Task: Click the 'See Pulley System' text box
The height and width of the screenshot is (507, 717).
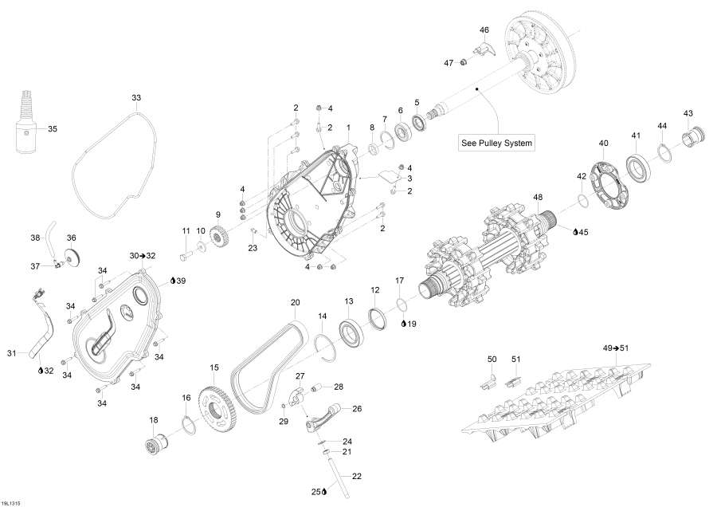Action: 496,143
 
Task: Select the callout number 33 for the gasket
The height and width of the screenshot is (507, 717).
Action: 136,97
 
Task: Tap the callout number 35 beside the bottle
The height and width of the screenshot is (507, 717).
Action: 53,128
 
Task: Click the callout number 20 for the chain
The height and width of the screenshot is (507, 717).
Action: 295,302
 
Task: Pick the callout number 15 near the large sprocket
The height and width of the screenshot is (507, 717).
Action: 214,367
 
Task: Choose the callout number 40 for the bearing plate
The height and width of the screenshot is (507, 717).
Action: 603,143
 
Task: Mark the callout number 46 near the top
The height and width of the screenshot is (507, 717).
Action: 484,29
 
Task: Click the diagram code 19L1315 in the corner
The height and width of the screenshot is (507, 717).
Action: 12,502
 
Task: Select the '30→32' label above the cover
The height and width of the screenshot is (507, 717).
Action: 143,255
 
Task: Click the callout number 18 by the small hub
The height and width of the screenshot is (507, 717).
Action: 154,419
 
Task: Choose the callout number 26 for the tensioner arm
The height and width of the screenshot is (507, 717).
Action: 357,409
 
